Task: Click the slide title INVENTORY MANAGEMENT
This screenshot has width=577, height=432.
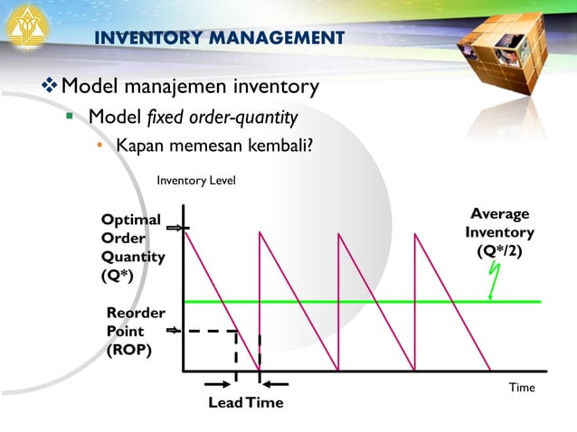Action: click(x=220, y=37)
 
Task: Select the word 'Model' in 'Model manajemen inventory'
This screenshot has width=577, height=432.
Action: click(x=90, y=87)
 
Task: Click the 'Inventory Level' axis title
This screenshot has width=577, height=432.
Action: click(x=196, y=181)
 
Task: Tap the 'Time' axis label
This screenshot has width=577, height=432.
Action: click(x=522, y=388)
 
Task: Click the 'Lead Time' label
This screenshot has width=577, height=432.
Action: click(x=246, y=403)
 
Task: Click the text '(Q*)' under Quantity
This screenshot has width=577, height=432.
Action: click(x=118, y=277)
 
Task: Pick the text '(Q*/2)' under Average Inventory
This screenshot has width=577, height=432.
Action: click(x=499, y=250)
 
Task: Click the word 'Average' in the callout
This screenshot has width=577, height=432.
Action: click(x=500, y=214)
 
